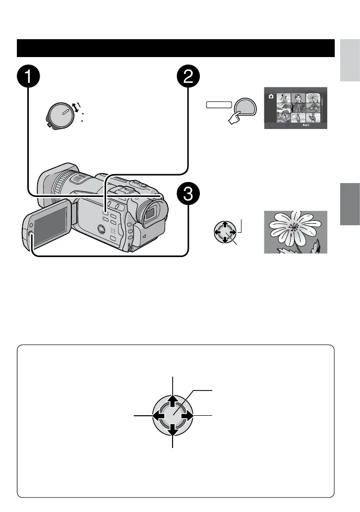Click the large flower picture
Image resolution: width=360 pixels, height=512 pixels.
(296, 232)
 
